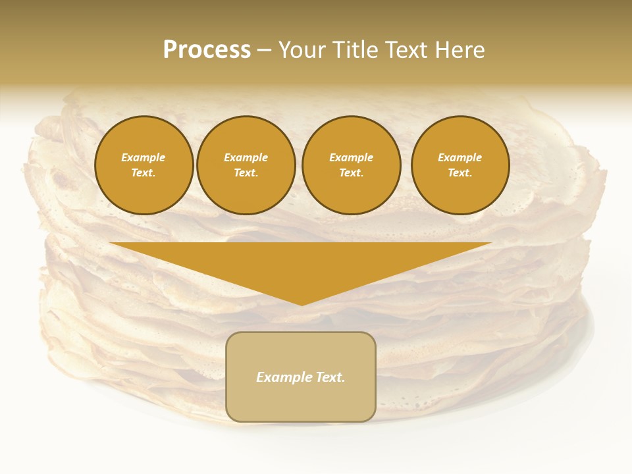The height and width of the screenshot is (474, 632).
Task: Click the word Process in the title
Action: pos(207,50)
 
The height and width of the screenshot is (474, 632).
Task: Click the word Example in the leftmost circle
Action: pos(144,157)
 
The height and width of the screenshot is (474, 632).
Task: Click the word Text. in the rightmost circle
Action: pos(460,173)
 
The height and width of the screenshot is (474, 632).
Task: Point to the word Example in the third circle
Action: pos(351,157)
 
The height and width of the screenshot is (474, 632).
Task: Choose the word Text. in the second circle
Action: pos(246,173)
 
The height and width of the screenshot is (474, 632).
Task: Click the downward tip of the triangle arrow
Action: pos(302,303)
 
